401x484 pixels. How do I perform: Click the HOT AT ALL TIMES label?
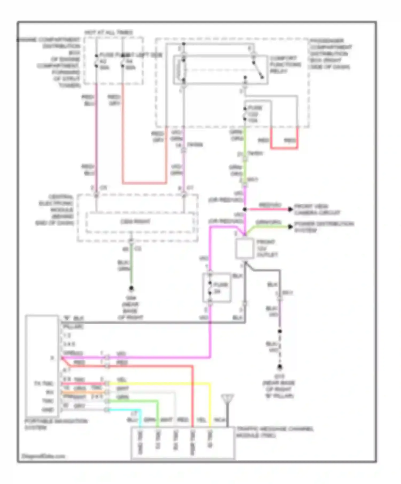click(x=109, y=33)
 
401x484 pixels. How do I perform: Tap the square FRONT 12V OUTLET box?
click(x=245, y=249)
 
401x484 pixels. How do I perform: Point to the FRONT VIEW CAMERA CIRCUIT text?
click(x=317, y=209)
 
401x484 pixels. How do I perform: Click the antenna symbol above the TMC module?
click(x=228, y=399)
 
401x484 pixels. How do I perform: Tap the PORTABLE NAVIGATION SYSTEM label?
click(x=56, y=424)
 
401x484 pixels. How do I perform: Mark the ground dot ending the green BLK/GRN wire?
click(x=131, y=288)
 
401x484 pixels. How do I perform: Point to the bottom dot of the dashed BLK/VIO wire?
click(x=280, y=367)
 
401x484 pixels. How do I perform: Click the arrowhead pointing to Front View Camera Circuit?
click(x=290, y=209)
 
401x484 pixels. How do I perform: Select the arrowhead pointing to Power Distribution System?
click(x=290, y=227)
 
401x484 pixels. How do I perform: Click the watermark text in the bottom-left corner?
click(x=43, y=456)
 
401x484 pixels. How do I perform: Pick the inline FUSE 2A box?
click(x=217, y=288)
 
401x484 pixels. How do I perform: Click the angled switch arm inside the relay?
click(x=258, y=70)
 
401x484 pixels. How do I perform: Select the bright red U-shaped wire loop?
click(x=284, y=147)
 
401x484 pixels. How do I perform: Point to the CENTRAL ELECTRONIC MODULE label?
click(x=56, y=210)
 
